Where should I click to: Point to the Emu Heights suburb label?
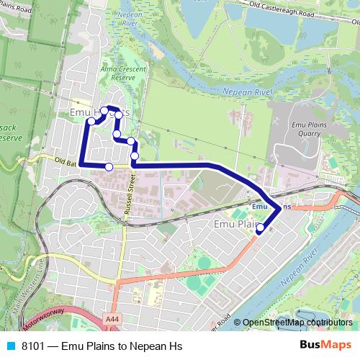click(x=100, y=113)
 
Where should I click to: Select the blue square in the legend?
click(x=10, y=346)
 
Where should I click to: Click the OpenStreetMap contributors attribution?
click(x=297, y=323)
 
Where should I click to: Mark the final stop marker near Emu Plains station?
click(x=260, y=229)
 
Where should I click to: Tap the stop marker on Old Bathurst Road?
click(x=109, y=167)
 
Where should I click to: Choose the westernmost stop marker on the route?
click(x=91, y=121)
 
